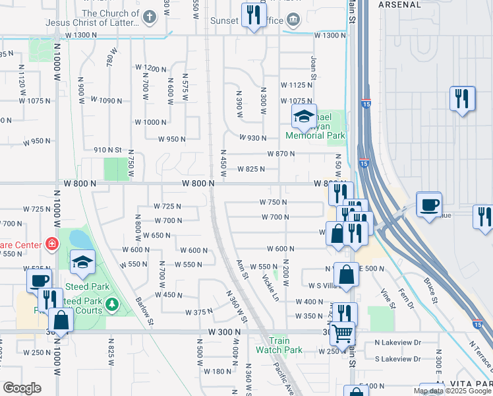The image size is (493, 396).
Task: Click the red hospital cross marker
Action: (x=51, y=244)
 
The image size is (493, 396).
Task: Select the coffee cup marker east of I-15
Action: (x=429, y=204)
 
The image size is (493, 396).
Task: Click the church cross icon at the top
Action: (x=150, y=17)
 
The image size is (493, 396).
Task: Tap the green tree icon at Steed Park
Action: (x=112, y=304)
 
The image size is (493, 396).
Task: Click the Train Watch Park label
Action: (x=279, y=345)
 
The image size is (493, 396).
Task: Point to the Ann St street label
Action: (x=243, y=269)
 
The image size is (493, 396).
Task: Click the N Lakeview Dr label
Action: (x=397, y=343)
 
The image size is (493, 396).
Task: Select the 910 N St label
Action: (x=108, y=150)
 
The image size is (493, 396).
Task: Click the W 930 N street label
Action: (x=252, y=138)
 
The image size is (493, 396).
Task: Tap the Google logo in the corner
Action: (x=22, y=388)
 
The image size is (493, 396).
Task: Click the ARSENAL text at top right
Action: (x=399, y=4)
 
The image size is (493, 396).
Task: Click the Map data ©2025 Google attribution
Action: (x=451, y=391)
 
